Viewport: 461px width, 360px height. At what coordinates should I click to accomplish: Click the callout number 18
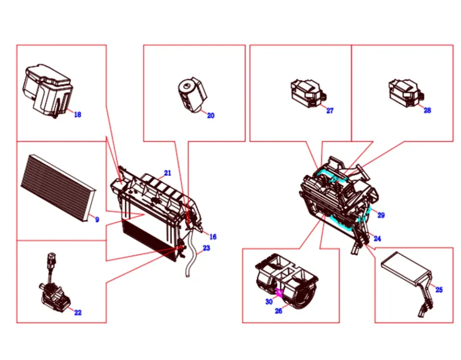pyautogui.click(x=77, y=114)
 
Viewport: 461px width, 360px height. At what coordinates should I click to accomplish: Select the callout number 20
pyautogui.click(x=210, y=116)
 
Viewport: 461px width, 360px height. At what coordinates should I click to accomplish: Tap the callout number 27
pyautogui.click(x=329, y=111)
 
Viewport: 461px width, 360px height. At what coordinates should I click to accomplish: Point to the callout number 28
pyautogui.click(x=427, y=110)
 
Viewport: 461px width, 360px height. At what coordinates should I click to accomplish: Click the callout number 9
pyautogui.click(x=97, y=220)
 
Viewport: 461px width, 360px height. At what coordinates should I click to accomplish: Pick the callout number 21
pyautogui.click(x=167, y=173)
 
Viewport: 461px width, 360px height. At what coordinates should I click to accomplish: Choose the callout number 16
pyautogui.click(x=213, y=237)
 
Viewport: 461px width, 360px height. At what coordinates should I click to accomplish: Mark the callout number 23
pyautogui.click(x=206, y=248)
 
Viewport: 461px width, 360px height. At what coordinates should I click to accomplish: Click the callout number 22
pyautogui.click(x=78, y=312)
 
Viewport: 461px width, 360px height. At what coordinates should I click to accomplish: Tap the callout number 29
pyautogui.click(x=381, y=216)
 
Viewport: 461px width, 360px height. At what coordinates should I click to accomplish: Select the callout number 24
pyautogui.click(x=377, y=239)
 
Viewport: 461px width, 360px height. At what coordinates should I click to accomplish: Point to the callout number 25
pyautogui.click(x=439, y=290)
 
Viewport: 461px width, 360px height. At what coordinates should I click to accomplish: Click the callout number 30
pyautogui.click(x=269, y=302)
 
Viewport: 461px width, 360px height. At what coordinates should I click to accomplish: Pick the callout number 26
pyautogui.click(x=279, y=311)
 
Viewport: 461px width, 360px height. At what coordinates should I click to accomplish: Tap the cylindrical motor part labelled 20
pyautogui.click(x=191, y=94)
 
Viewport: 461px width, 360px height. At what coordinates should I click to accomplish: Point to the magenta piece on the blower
pyautogui.click(x=279, y=292)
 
